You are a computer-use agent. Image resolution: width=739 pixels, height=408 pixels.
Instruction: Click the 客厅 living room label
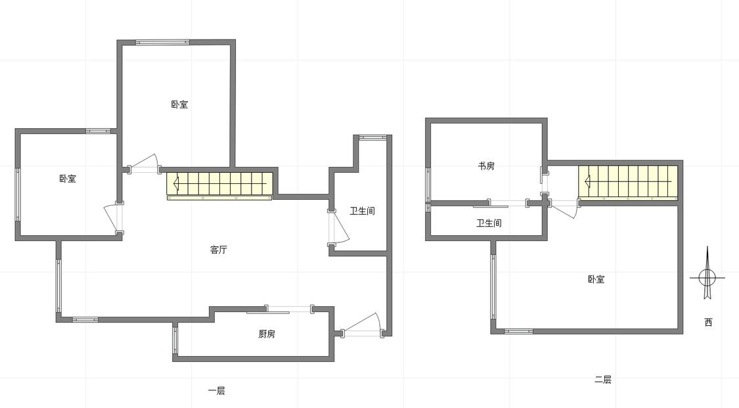pyautogui.click(x=218, y=250)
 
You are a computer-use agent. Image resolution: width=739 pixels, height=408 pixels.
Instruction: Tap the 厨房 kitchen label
pyautogui.click(x=267, y=334)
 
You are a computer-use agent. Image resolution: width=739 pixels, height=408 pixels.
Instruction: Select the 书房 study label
pyautogui.click(x=486, y=166)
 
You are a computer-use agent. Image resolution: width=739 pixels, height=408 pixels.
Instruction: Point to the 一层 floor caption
pyautogui.click(x=216, y=390)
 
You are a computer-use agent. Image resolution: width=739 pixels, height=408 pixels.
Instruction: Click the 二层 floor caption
pyautogui.click(x=603, y=380)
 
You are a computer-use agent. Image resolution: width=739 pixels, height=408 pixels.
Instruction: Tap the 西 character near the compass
pyautogui.click(x=708, y=322)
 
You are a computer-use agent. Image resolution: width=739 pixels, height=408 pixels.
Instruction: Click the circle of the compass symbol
pyautogui.click(x=707, y=277)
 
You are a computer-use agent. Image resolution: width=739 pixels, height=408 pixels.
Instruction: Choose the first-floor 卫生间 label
pyautogui.click(x=362, y=211)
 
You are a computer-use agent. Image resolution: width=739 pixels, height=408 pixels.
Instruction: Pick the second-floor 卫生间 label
pyautogui.click(x=489, y=223)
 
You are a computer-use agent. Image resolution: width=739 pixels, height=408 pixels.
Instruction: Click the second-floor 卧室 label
pyautogui.click(x=596, y=279)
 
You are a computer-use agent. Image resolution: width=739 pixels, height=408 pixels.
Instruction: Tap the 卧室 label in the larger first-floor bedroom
pyautogui.click(x=179, y=104)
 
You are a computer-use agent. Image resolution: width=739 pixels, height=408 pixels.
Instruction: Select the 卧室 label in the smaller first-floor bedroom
pyautogui.click(x=68, y=179)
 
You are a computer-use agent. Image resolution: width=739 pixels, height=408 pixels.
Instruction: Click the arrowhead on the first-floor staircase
pyautogui.click(x=176, y=183)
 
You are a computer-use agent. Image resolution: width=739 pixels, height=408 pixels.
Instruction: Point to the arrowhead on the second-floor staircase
pyautogui.click(x=587, y=181)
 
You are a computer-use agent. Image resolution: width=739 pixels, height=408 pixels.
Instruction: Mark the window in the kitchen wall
pyautogui.click(x=175, y=340)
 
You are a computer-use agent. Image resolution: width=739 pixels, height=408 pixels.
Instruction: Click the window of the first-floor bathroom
pyautogui.click(x=372, y=137)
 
